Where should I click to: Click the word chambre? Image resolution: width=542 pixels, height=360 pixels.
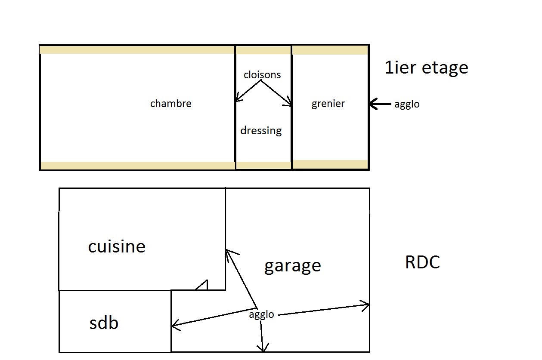pyautogui.click(x=170, y=104)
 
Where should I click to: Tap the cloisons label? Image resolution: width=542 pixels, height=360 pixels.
pyautogui.click(x=262, y=75)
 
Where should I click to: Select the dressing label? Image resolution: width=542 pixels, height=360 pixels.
pyautogui.click(x=261, y=130)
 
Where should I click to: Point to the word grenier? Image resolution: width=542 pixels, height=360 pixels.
pyautogui.click(x=328, y=104)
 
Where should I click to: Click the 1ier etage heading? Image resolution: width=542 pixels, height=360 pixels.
pyautogui.click(x=426, y=68)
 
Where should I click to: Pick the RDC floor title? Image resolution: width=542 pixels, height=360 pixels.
pyautogui.click(x=422, y=262)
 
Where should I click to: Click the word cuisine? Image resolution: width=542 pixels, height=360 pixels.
pyautogui.click(x=117, y=246)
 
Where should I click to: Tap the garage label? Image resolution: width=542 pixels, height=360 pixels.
pyautogui.click(x=292, y=265)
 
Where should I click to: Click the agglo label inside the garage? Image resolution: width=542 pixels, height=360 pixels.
pyautogui.click(x=261, y=315)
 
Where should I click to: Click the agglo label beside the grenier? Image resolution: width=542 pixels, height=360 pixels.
pyautogui.click(x=406, y=105)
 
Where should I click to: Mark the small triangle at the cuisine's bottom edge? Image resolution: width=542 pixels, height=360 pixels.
pyautogui.click(x=203, y=285)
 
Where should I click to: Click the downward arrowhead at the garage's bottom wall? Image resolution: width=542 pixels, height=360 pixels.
pyautogui.click(x=263, y=348)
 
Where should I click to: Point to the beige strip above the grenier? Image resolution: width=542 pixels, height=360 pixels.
pyautogui.click(x=330, y=50)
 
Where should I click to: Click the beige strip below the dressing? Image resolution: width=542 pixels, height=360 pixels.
pyautogui.click(x=263, y=165)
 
